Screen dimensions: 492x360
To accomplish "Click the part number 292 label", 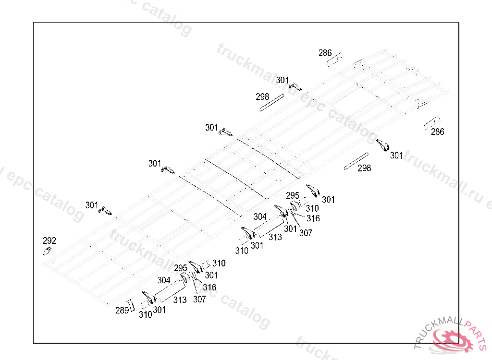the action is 49,240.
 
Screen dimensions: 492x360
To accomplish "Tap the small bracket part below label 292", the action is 47,251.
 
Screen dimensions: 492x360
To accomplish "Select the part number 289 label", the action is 122,310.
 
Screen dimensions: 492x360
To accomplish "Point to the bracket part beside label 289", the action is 132,305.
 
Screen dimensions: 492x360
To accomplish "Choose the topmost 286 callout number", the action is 325,53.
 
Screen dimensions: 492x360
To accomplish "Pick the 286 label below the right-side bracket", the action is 437,132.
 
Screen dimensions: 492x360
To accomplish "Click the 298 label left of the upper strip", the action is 262,96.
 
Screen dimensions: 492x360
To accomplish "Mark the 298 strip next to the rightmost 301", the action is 356,161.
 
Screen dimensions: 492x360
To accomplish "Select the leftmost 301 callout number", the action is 92,205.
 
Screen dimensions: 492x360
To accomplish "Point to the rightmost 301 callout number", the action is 396,155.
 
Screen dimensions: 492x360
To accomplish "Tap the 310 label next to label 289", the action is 145,314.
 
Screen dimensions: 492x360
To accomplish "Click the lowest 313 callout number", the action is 180,300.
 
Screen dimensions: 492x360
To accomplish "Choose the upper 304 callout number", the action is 260,216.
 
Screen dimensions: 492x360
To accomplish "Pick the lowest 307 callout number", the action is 199,299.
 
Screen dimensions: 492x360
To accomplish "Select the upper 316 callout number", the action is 313,218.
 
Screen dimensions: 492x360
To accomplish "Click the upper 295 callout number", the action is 293,195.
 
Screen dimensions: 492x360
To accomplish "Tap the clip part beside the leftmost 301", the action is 105,210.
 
